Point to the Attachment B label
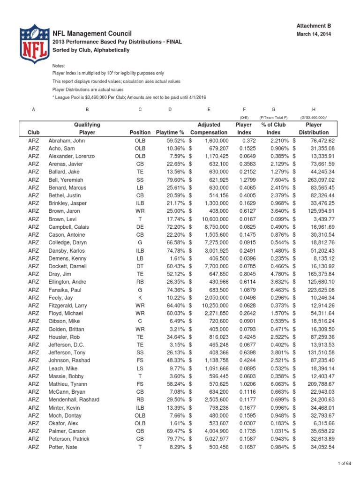317,25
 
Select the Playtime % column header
169,133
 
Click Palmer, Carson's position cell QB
141,431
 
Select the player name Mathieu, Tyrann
68,384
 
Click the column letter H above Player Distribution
314,109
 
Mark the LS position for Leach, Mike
141,368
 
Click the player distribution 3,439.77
321,219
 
